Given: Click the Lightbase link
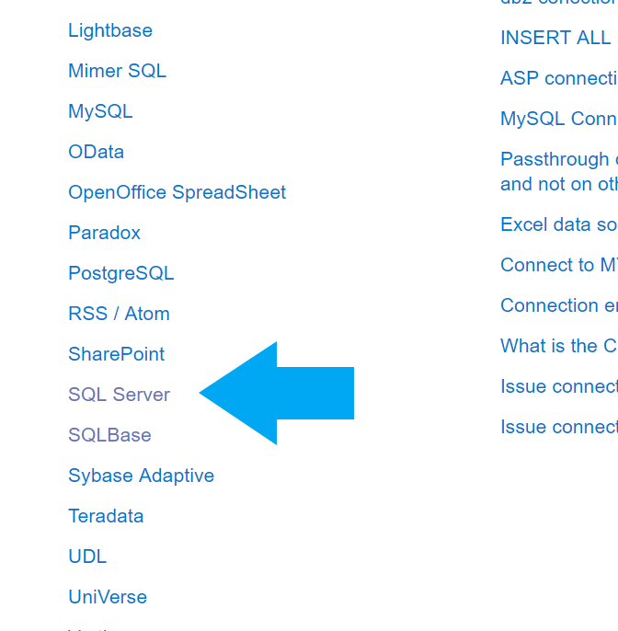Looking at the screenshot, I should coord(110,30).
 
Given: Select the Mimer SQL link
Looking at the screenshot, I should coord(117,71).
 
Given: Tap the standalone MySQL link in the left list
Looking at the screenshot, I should coord(100,111).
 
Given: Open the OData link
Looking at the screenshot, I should coord(96,152).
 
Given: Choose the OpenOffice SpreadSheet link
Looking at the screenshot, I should coord(177,192).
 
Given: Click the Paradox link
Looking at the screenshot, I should coord(104,233).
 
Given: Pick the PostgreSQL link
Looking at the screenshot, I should coord(120,273).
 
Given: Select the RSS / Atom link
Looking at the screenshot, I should coord(119,314).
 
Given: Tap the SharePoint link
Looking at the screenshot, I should coord(116,354).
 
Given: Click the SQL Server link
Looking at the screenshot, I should coord(119,395).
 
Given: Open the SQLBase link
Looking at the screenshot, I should coord(109,435).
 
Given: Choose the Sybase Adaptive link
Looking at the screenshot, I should coord(141,476).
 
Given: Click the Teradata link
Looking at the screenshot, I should coord(106,516).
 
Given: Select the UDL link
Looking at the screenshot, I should coord(87,556).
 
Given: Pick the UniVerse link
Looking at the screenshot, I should coord(108,597).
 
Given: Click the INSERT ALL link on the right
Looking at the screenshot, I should coord(555,38).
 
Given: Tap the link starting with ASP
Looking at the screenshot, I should coord(558,78).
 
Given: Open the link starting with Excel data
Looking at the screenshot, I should coord(558,224).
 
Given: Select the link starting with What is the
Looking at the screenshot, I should coord(558,346).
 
